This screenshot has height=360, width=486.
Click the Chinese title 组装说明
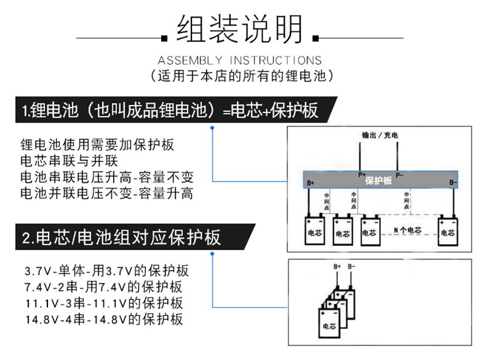point(239,30)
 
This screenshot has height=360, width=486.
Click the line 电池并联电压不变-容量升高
point(106,194)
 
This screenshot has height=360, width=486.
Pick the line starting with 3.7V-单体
point(106,271)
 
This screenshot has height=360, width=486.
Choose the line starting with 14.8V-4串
point(104,319)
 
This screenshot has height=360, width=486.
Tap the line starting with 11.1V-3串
point(104,303)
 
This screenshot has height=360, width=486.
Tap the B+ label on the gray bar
point(311,182)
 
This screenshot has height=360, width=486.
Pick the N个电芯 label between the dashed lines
point(407,230)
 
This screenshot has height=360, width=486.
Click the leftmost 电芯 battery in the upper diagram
point(316,230)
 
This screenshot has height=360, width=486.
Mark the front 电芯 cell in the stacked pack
point(329,321)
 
